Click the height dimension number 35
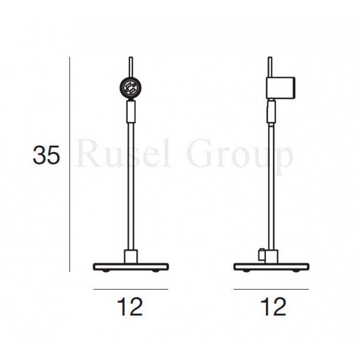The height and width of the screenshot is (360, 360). tap(46, 156)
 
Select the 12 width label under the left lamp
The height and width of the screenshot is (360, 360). tap(130, 307)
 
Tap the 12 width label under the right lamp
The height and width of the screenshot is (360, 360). tap(273, 307)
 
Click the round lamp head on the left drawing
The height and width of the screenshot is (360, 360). tap(130, 88)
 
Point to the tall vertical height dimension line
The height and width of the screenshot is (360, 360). tap(70, 164)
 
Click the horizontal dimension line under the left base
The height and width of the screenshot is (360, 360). tap(130, 289)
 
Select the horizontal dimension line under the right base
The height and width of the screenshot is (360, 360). tap(271, 289)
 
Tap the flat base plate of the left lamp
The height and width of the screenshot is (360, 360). tap(130, 266)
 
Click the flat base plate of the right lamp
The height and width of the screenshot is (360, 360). tap(271, 266)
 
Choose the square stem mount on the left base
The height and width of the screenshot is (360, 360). tap(130, 256)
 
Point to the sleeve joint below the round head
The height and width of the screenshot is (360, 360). tap(130, 111)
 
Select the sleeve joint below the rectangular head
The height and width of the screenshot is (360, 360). tap(271, 112)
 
